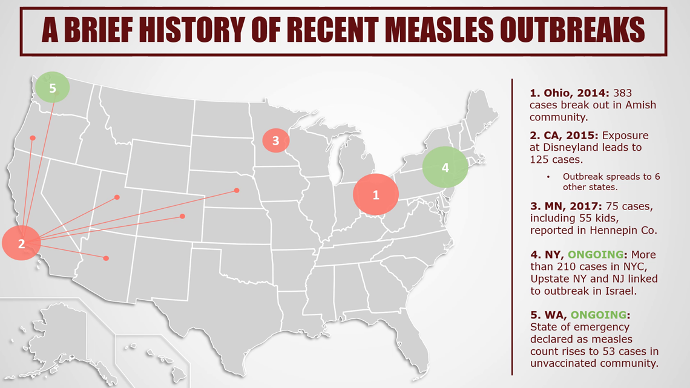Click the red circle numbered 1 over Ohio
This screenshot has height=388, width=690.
pos(375,195)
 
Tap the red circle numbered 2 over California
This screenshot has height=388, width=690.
pos(21,244)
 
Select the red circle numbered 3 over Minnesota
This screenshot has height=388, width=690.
pos(275,141)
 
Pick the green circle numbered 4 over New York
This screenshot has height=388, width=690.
pos(445,168)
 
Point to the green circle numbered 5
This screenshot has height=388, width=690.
pos(53,88)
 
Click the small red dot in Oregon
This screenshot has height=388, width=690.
pos(33,138)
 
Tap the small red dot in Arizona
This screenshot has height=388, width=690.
pos(106,258)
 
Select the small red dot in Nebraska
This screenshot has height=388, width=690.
pos(236,191)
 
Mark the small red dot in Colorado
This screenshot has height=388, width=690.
pos(182,216)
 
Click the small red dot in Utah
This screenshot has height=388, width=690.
pos(117,197)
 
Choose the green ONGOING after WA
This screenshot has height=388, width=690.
pos(599,315)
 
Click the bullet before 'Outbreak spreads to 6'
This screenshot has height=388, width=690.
pos(548,177)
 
